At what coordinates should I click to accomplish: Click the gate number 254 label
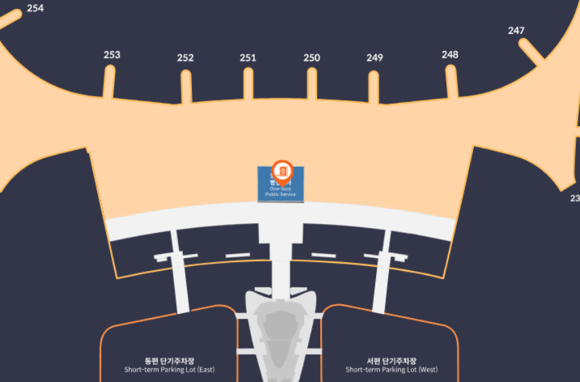pyautogui.click(x=35, y=9)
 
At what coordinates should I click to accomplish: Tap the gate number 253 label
pyautogui.click(x=112, y=54)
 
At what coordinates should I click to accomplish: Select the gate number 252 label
pyautogui.click(x=185, y=58)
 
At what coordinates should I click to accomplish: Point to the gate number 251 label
pyautogui.click(x=248, y=58)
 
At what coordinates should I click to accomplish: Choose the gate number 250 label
pyautogui.click(x=311, y=58)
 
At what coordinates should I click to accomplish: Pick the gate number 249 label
pyautogui.click(x=375, y=58)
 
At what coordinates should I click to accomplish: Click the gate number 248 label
pyautogui.click(x=449, y=54)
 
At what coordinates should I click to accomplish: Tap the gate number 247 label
pyautogui.click(x=516, y=31)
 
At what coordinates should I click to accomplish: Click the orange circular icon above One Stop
pyautogui.click(x=282, y=169)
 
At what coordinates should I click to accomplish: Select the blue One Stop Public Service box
pyautogui.click(x=280, y=189)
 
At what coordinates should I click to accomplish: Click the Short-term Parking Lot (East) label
pyautogui.click(x=169, y=366)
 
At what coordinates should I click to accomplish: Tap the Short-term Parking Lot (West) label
pyautogui.click(x=391, y=366)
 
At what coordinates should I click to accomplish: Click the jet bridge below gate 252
pyautogui.click(x=186, y=87)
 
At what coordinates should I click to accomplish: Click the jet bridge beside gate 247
pyautogui.click(x=531, y=52)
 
